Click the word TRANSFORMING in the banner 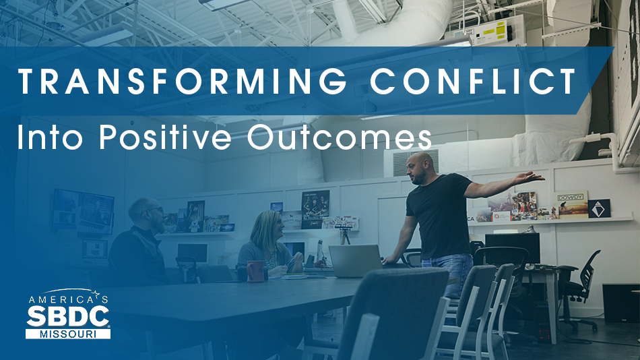point(182,82)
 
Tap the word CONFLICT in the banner point(473,82)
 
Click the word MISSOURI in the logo point(68,334)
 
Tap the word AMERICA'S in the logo point(68,299)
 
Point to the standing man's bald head point(420,163)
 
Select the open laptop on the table point(355,262)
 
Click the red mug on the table point(255,271)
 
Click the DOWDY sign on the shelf point(571,205)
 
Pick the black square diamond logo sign point(599,208)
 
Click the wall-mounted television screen point(84,211)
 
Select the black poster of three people point(315,209)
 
